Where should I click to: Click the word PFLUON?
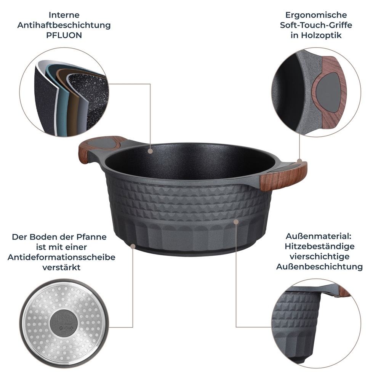pos(64,35)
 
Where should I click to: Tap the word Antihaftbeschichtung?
pos(64,26)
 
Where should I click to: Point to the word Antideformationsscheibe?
pos(61,257)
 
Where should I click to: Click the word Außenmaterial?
pos(319,237)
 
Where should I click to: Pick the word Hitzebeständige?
pos(319,247)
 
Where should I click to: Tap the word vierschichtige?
pos(319,256)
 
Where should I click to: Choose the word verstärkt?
pos(61,267)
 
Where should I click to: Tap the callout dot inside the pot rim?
pos(150,151)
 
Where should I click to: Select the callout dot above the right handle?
pos(300,162)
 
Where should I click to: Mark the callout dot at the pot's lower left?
pos(132,247)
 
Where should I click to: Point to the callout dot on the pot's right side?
pos(236,221)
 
